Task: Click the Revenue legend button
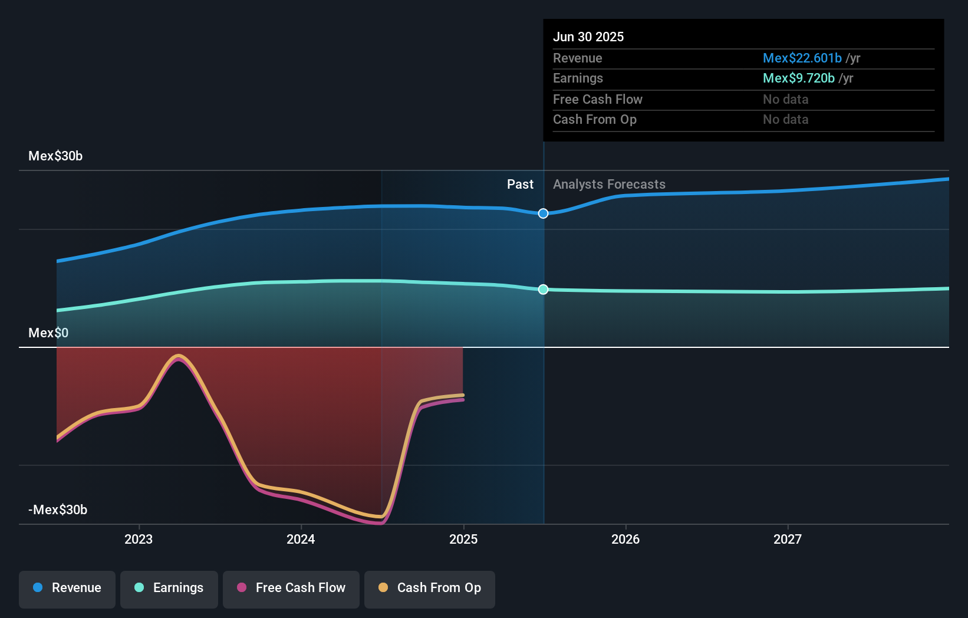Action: (x=67, y=588)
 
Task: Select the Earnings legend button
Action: (x=169, y=588)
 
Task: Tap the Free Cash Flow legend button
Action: (x=291, y=588)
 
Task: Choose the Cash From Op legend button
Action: (x=430, y=588)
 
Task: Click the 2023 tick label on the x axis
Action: (x=139, y=539)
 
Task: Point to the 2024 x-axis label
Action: (x=301, y=539)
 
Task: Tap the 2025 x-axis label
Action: (x=463, y=539)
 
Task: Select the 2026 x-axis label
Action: (x=625, y=539)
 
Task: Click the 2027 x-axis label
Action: (x=788, y=539)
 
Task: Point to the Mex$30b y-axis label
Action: (x=55, y=156)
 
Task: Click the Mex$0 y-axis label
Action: (x=48, y=333)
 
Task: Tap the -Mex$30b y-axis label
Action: (x=58, y=509)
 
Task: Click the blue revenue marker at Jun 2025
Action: (x=544, y=213)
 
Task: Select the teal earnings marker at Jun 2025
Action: (x=544, y=290)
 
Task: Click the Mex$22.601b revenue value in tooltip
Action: (x=802, y=58)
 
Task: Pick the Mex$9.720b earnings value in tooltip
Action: (x=798, y=78)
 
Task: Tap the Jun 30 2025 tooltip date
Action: (x=588, y=37)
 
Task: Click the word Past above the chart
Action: (x=520, y=184)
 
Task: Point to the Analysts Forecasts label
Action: (x=609, y=184)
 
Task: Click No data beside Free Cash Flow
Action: (x=785, y=99)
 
